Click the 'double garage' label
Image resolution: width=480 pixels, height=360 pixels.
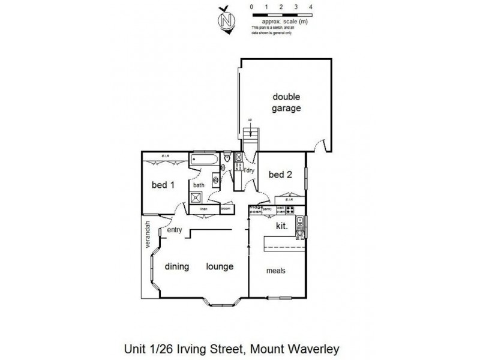pos(286,103)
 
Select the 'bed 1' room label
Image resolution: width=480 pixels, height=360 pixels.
pos(163,185)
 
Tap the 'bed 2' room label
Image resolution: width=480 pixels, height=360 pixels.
pos(280,175)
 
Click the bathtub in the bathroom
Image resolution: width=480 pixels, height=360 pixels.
pos(205,160)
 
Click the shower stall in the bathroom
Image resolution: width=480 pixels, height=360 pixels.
pos(196,197)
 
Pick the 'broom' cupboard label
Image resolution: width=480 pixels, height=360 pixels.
pos(226,209)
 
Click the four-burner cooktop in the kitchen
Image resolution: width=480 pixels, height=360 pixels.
pos(290,210)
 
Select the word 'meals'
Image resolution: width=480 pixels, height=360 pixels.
pos(275,271)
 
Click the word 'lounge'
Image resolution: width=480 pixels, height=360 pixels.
pos(220,266)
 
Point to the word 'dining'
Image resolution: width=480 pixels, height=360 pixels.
pos(178,266)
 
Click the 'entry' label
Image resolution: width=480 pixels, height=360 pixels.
pos(175,229)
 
